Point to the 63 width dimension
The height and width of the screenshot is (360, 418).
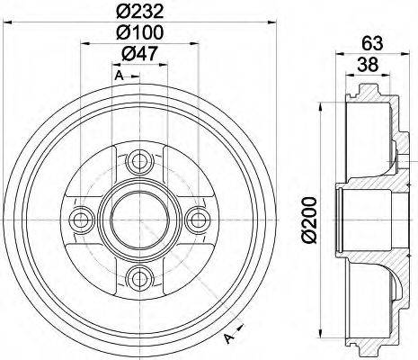coord(372,40)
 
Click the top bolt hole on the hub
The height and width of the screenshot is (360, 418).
coord(138,163)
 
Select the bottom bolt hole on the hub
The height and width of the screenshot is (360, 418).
coord(138,274)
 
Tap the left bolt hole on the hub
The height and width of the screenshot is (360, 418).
coord(82,219)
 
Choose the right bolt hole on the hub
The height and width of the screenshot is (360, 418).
coord(193,219)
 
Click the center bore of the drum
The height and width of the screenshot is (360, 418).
coord(138,219)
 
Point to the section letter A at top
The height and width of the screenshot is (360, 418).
coord(118,75)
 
